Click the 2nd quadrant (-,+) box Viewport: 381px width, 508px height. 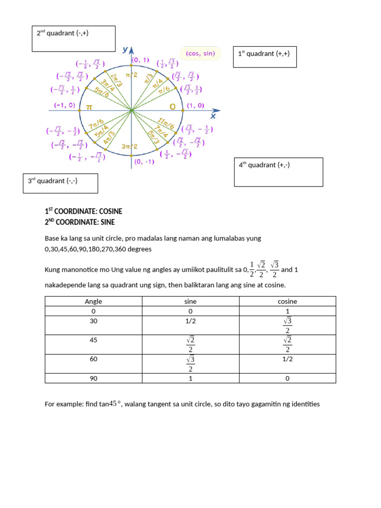click(73, 39)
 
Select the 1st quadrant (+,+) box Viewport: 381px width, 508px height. click(264, 57)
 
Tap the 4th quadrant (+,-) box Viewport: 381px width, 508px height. click(278, 172)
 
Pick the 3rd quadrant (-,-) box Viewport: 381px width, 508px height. click(60, 183)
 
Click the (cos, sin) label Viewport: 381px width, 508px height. click(200, 54)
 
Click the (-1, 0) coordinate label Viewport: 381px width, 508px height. click(64, 106)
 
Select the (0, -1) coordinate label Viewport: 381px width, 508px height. click(144, 161)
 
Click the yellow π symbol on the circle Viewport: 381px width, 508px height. click(89, 107)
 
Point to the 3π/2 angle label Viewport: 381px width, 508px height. click(130, 146)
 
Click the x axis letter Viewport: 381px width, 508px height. click(213, 116)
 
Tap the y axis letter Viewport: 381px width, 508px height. click(125, 49)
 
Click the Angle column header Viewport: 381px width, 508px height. click(93, 301)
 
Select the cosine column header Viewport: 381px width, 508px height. click(287, 301)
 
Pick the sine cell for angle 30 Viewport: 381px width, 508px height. click(190, 320)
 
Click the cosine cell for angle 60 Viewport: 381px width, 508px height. click(287, 359)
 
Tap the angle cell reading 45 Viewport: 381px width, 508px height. click(93, 340)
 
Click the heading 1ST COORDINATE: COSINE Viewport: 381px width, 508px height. click(83, 211)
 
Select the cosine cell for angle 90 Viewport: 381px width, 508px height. click(287, 379)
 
